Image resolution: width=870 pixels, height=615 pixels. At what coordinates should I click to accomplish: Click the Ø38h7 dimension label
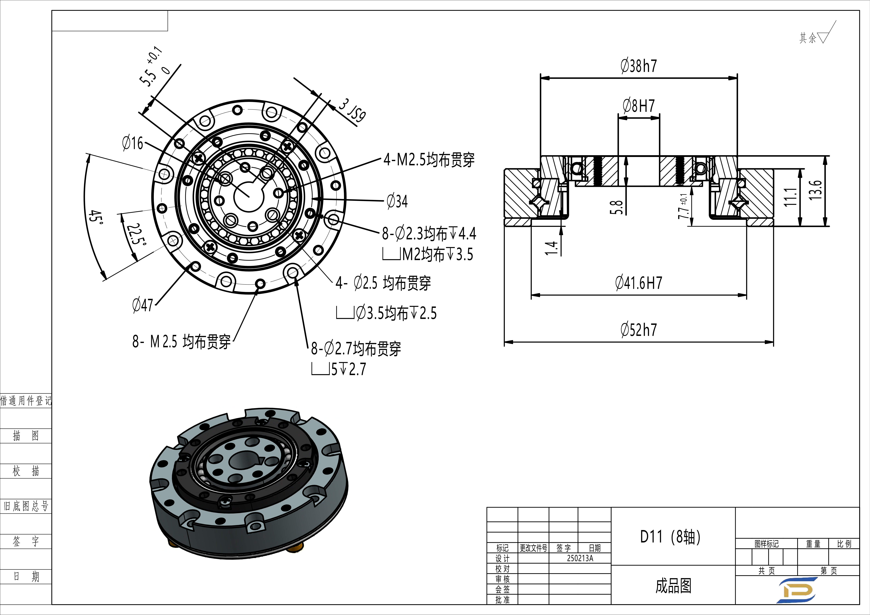[639, 66]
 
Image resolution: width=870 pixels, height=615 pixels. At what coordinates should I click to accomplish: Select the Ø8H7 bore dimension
[639, 106]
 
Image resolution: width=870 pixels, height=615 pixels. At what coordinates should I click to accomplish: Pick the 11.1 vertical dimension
[790, 197]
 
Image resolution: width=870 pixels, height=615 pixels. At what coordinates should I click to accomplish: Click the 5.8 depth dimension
[617, 207]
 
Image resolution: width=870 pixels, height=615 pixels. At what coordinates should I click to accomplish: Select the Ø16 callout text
[133, 143]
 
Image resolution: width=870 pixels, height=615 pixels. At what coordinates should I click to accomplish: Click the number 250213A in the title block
[580, 558]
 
